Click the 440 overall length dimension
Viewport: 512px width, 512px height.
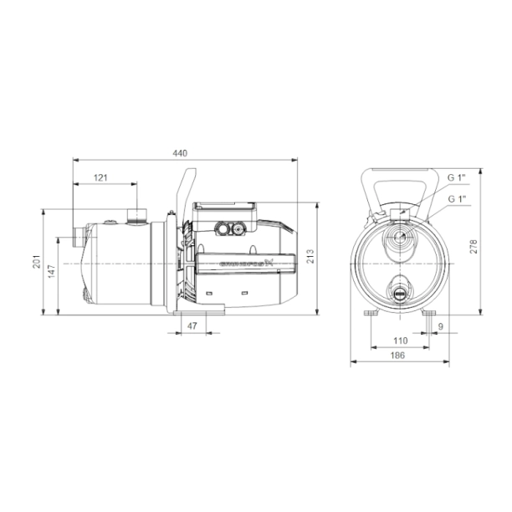pos(180,153)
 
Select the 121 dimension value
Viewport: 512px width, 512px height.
pos(101,178)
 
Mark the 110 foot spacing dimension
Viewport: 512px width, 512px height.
pos(399,340)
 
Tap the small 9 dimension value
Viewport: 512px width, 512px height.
pos(440,326)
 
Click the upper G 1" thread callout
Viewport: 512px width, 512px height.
pos(457,178)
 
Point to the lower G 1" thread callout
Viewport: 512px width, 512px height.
pos(457,199)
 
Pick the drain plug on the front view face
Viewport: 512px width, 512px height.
pos(399,292)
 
